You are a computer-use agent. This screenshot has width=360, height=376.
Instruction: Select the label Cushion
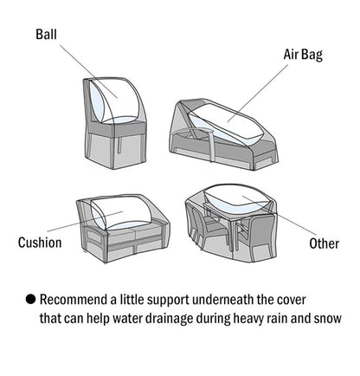[x=40, y=243]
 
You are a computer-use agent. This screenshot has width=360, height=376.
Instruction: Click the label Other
[x=324, y=243]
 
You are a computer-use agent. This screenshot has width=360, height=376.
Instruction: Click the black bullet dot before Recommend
[x=30, y=299]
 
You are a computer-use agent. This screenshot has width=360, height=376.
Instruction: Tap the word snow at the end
[x=326, y=318]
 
